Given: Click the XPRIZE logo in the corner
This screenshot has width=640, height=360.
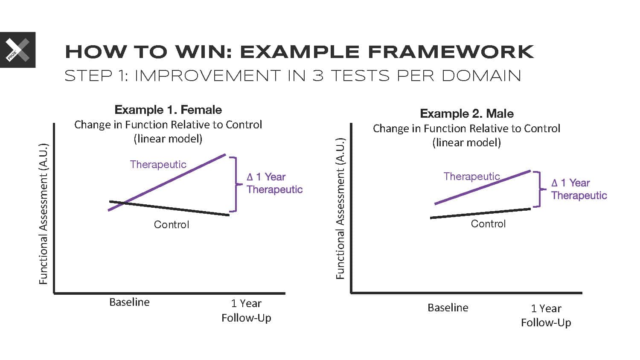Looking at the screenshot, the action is (x=18, y=50).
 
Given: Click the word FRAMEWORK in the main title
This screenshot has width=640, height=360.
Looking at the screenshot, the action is (x=451, y=52).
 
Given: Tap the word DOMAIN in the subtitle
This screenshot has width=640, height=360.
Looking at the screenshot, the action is (x=481, y=76).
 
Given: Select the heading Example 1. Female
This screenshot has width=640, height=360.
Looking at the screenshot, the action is (x=168, y=110).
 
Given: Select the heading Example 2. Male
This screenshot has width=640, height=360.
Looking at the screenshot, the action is (x=467, y=113).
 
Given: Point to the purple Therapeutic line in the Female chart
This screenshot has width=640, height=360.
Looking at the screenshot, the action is (x=167, y=183).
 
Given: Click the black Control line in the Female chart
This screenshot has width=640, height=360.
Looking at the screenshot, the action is (x=169, y=208).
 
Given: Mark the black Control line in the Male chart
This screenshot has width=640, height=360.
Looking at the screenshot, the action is (x=480, y=213).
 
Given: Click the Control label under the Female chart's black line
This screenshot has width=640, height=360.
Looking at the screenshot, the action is (x=172, y=224).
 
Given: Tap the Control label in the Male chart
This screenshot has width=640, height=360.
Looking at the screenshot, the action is (x=488, y=224).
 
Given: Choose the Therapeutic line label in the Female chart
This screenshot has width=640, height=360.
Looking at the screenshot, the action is (x=158, y=165).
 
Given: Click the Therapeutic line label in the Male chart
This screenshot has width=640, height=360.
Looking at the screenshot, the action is (x=471, y=177).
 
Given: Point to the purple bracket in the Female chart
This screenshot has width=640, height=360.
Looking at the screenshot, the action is (x=236, y=184).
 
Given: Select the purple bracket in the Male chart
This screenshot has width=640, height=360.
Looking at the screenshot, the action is (x=540, y=189).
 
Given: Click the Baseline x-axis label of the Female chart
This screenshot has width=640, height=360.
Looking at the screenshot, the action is (x=129, y=302).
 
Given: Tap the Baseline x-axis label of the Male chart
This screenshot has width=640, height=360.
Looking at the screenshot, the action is (x=448, y=308).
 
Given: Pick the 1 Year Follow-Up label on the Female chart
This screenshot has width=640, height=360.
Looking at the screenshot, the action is (x=246, y=311).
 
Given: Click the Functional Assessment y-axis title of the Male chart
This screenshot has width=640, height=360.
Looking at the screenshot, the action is (x=340, y=209).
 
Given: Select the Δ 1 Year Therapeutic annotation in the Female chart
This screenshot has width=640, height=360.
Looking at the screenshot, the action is (x=275, y=183).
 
